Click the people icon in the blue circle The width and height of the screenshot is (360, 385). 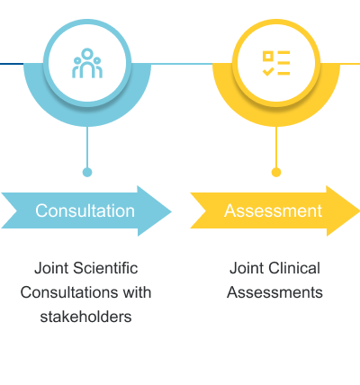pyautogui.click(x=87, y=63)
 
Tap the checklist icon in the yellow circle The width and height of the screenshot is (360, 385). pyautogui.click(x=276, y=63)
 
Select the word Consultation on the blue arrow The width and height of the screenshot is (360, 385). pyautogui.click(x=85, y=210)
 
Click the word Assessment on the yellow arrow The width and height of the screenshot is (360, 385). pyautogui.click(x=273, y=210)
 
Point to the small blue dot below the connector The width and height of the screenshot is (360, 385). pyautogui.click(x=87, y=173)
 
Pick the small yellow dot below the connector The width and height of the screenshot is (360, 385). pyautogui.click(x=276, y=173)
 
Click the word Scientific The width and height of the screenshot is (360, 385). pyautogui.click(x=105, y=268)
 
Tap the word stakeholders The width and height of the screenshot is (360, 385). pyautogui.click(x=85, y=317)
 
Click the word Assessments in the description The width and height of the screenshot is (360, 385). pyautogui.click(x=274, y=292)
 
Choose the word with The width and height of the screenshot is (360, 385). pyautogui.click(x=137, y=292)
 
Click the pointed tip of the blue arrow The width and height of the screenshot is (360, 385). pyautogui.click(x=172, y=211)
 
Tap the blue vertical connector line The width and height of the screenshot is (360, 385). pyautogui.click(x=87, y=147)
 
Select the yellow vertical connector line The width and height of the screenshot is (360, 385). pyautogui.click(x=276, y=147)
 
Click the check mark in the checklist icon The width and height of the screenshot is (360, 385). pyautogui.click(x=268, y=72)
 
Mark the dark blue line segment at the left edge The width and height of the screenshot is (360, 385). pyautogui.click(x=12, y=64)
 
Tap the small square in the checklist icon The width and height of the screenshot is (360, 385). pyautogui.click(x=268, y=56)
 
